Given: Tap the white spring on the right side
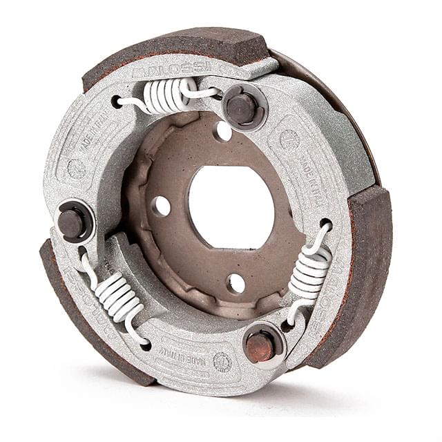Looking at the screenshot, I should (x=310, y=271).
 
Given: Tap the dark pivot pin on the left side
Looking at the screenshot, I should (x=71, y=221).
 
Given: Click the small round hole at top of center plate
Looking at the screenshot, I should (x=223, y=131).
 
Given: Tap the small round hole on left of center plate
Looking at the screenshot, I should (x=162, y=206).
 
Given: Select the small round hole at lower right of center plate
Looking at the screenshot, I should (x=236, y=282).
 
